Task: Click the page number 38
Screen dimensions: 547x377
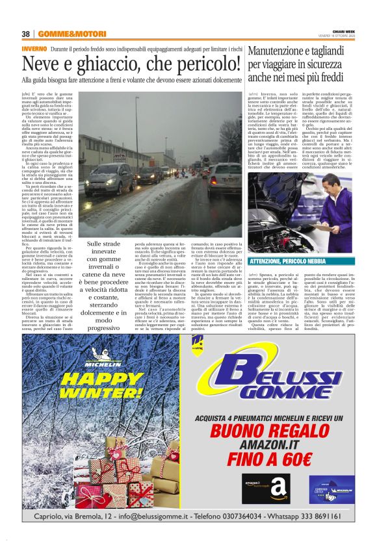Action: [26, 34]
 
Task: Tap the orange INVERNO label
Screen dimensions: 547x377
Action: [33, 49]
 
